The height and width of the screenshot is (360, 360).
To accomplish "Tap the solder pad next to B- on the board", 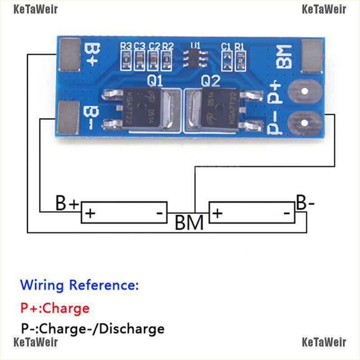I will click(68, 118).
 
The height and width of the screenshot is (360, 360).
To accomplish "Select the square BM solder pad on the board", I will click(312, 56).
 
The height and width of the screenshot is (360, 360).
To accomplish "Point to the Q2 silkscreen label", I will click(211, 81).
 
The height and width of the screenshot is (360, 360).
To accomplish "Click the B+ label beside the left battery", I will click(67, 203).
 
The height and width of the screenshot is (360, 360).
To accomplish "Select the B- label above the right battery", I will click(305, 203).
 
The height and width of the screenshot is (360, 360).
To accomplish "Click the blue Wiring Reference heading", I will click(80, 285).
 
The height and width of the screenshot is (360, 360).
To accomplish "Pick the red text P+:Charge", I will click(55, 308).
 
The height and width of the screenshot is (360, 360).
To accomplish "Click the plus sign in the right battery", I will click(217, 213).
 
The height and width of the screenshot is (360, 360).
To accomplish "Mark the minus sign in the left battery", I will click(159, 213).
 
